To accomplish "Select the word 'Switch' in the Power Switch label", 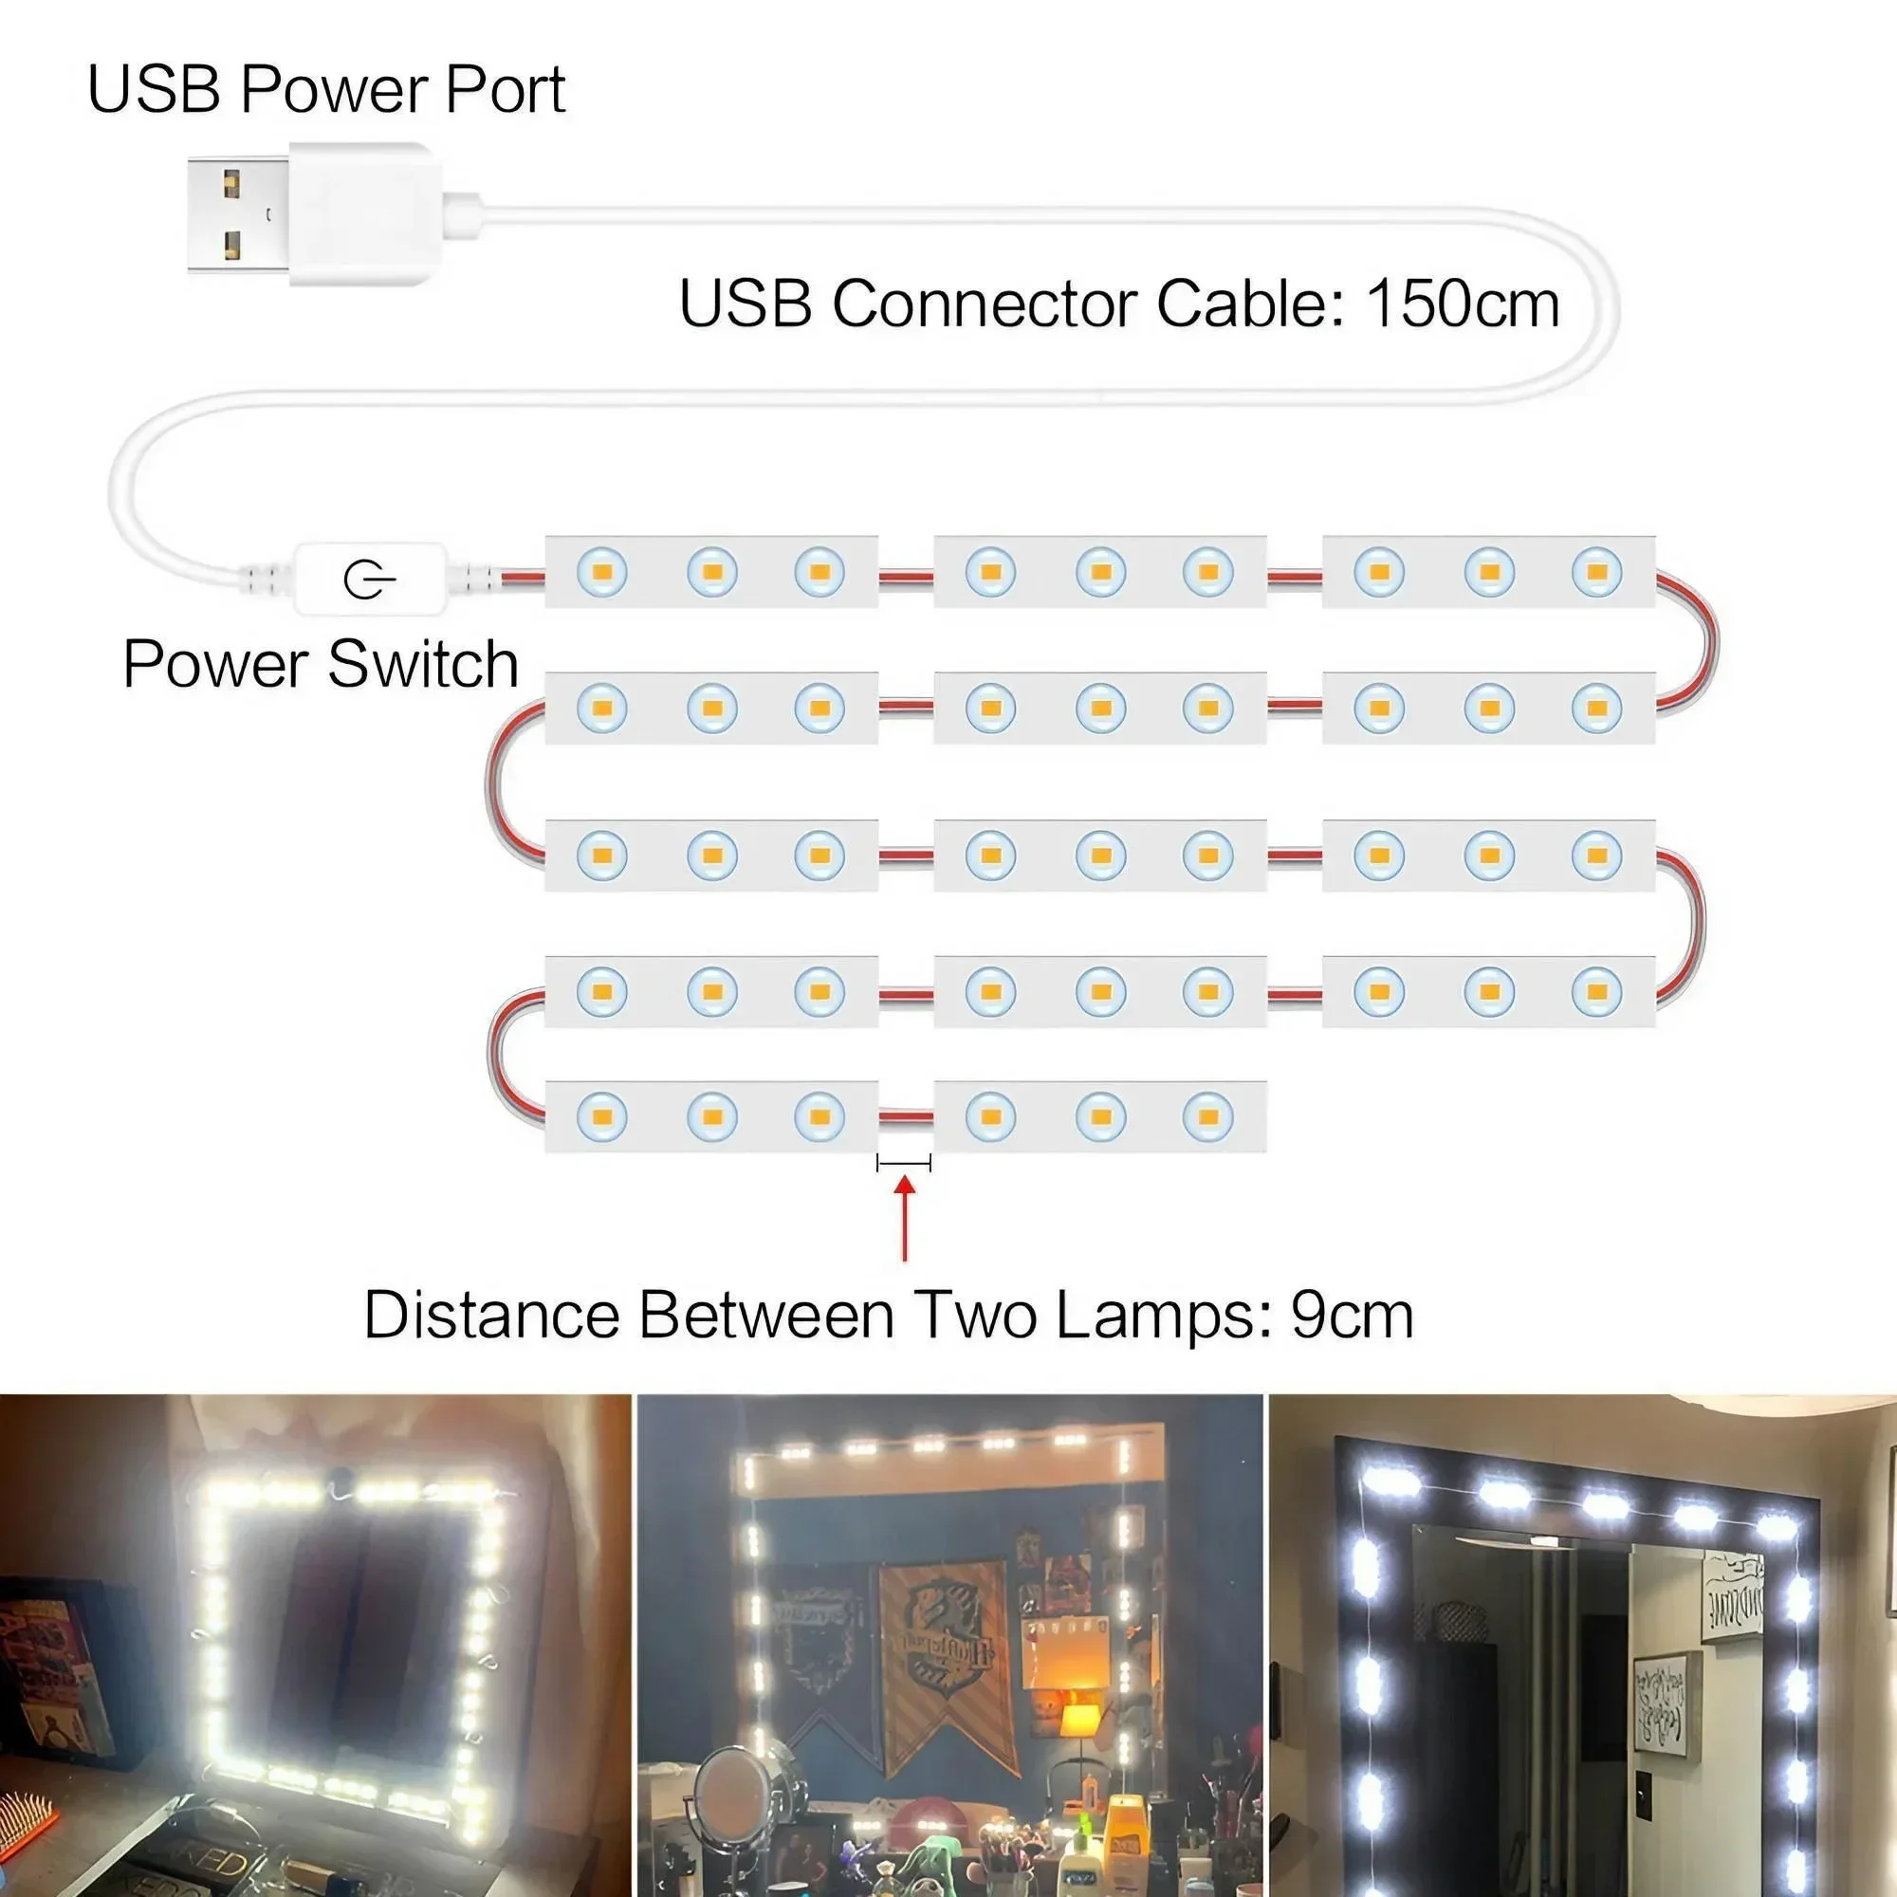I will pos(423,665).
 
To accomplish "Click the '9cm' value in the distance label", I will pos(1352,1316).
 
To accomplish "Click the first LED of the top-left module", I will pos(602,571).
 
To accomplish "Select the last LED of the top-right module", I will pos(1596,571).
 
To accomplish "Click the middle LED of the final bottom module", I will pos(1099,1116).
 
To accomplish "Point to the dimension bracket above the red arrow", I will pos(903,1164).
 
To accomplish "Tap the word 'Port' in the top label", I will pos(505,89).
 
